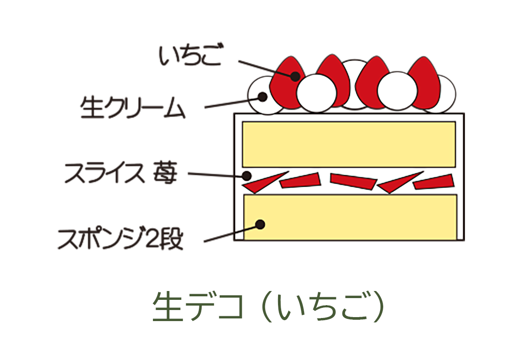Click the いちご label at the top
point(190,57)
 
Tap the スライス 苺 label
point(120,173)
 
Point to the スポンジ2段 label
point(120,239)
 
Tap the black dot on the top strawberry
point(295,76)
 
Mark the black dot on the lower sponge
point(261,224)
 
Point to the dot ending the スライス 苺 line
point(248,176)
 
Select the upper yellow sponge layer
point(349,144)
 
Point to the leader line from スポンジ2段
point(230,233)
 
